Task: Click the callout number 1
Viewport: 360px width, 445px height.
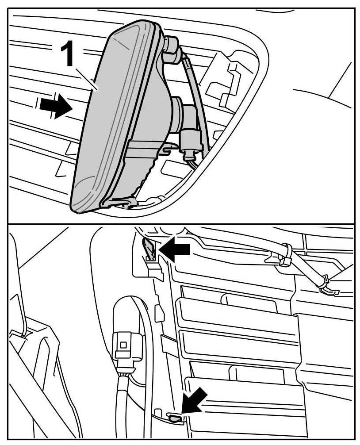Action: coord(68,54)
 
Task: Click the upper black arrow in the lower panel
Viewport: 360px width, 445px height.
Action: coord(174,250)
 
